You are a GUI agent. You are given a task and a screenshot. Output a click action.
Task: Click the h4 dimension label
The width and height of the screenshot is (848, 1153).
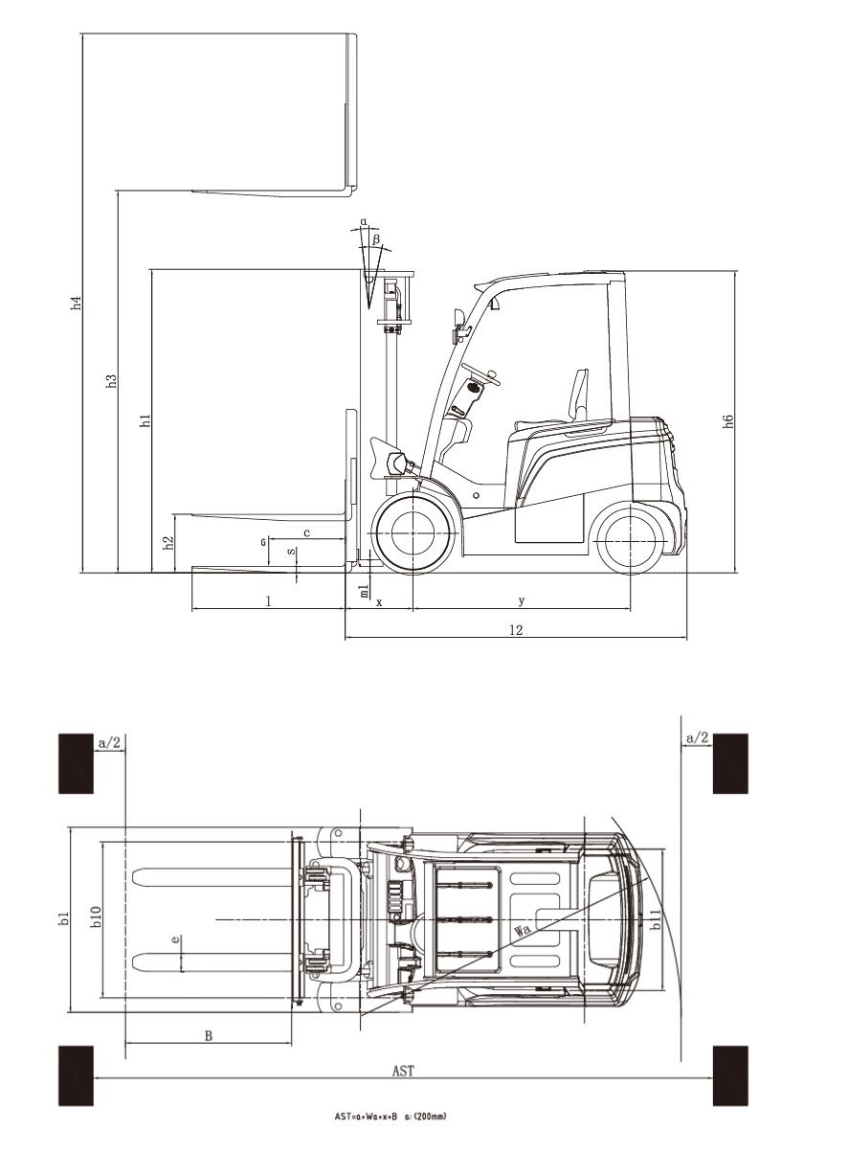[x=77, y=303]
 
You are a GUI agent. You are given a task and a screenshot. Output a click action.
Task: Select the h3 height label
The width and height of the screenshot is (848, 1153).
[x=112, y=380]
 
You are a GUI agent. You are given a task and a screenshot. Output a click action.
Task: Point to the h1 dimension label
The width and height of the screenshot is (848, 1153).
[x=146, y=420]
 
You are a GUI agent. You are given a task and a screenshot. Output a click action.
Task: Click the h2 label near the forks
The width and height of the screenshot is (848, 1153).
[x=168, y=543]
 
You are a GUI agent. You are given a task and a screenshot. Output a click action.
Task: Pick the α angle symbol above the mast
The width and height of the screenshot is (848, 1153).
[x=364, y=222]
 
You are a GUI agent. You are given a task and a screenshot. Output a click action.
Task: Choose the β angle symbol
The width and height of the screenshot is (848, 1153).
[x=376, y=238]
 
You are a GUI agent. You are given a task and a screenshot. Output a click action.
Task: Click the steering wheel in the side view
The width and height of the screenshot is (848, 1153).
[x=481, y=374]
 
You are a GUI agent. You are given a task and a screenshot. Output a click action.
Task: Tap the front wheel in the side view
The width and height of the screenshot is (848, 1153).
[x=413, y=532]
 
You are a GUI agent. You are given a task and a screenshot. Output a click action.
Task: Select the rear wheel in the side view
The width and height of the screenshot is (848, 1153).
[x=631, y=541]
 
